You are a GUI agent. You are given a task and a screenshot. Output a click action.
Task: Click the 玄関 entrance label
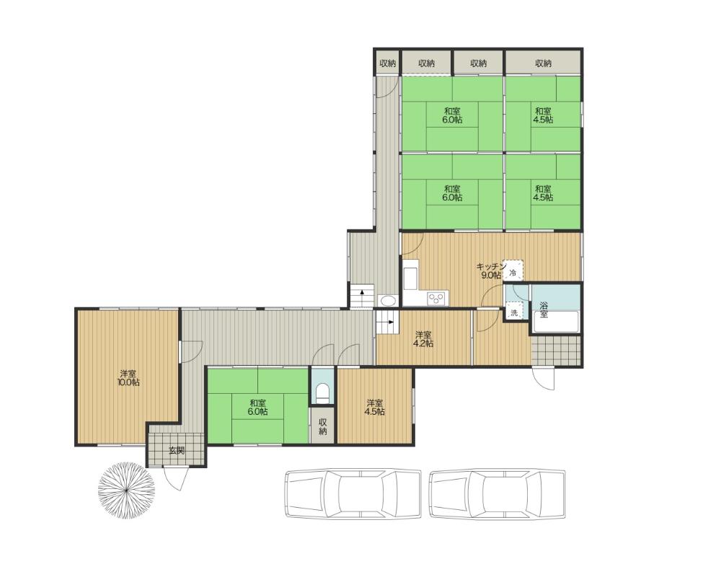(177, 451)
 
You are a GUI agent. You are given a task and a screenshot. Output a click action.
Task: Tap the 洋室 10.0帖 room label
(130, 377)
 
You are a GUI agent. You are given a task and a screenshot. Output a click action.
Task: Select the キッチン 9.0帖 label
(491, 270)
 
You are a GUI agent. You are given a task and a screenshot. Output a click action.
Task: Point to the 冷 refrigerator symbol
(513, 271)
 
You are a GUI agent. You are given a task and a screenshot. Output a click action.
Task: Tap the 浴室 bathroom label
(544, 309)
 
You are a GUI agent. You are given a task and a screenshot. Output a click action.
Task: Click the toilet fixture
(324, 392)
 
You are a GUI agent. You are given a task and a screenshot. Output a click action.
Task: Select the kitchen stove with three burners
(437, 298)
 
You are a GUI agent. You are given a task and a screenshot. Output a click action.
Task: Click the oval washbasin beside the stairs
(389, 301)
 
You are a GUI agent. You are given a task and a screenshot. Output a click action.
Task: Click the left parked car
(353, 494)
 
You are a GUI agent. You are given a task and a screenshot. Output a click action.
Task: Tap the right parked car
(497, 494)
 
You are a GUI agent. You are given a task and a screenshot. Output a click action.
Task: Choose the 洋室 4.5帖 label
(375, 408)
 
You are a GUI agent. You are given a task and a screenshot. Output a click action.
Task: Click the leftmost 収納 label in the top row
(388, 63)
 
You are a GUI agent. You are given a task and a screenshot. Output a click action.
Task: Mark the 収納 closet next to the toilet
(323, 426)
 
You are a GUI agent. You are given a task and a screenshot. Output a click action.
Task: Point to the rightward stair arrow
(389, 322)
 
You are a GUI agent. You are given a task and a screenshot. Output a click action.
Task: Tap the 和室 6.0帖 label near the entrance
(258, 408)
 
